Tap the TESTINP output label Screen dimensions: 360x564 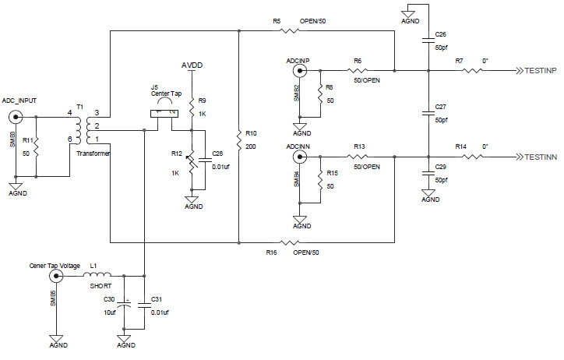[x=537, y=71]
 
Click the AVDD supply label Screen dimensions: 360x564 [x=192, y=65]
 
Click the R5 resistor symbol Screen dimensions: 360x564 [x=290, y=31]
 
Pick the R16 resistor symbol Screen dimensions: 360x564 [x=290, y=242]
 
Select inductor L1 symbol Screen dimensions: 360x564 [x=99, y=275]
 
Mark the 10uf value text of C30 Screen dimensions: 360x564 [x=110, y=312]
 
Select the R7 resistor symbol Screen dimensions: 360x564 [x=473, y=71]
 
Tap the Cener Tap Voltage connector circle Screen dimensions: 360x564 [x=56, y=275]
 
